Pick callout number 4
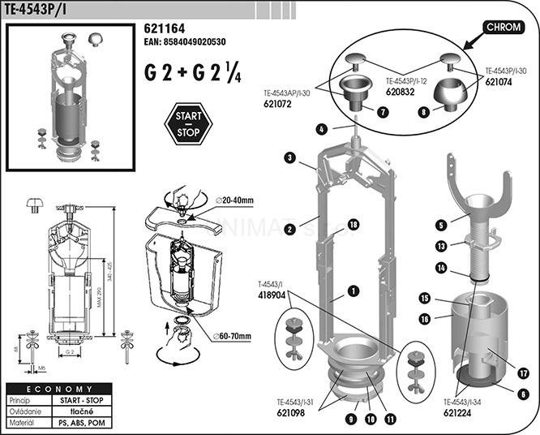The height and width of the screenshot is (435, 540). click(322, 129)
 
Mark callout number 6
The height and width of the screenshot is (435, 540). click(523, 394)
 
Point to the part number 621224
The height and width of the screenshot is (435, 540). click(460, 412)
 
